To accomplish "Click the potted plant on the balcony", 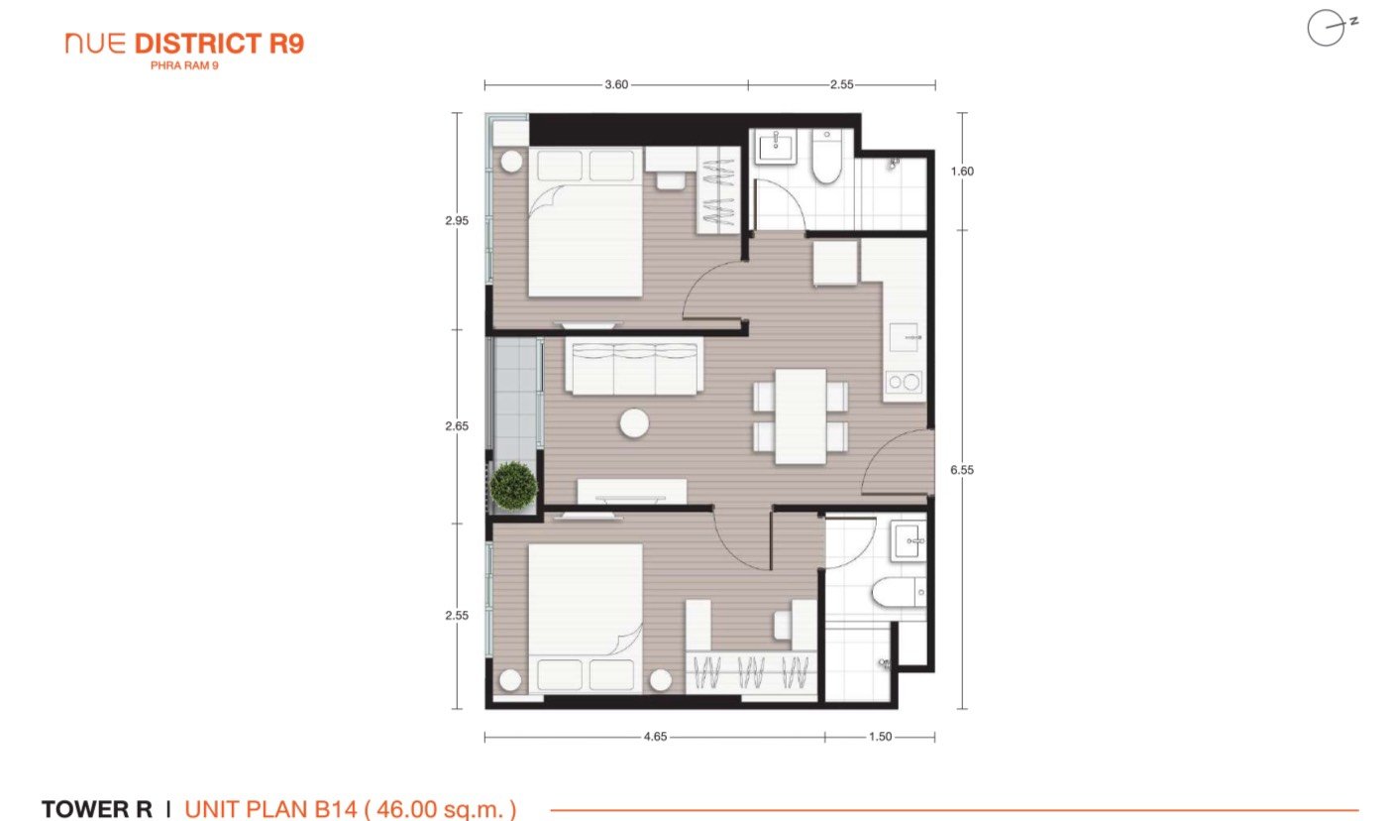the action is pos(513,486).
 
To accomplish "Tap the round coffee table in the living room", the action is pos(634,423).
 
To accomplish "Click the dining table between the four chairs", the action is pos(801,416).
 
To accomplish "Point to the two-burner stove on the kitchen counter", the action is pos(904,382).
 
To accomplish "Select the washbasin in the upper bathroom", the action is pos(776,147).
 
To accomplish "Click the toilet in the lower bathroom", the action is pos(898,592).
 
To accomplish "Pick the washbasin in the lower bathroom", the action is pos(909,540).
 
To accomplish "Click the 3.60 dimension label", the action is pos(616,84).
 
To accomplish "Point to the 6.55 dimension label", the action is pos(961,470).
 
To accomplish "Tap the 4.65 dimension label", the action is pos(655,737).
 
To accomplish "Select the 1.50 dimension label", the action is pos(880,737).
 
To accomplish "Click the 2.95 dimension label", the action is pos(456,220).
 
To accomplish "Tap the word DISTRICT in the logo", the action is pos(198,45).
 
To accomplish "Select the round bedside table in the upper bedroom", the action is pos(511,162).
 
